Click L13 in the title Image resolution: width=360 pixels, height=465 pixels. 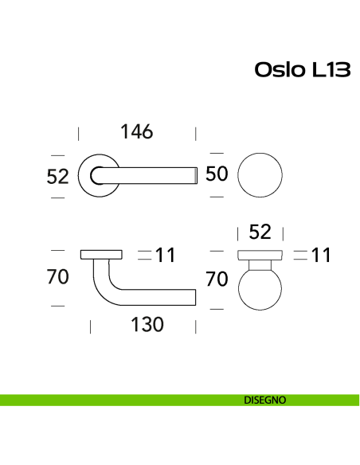pos(327,70)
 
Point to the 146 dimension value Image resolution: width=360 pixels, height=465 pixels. pos(136,131)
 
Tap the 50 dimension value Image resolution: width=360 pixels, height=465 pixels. pos(217,174)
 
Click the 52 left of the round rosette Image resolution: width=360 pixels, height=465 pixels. pos(58,176)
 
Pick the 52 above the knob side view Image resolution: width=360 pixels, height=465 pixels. pos(260,232)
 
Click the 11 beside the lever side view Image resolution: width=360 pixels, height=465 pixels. pos(165,256)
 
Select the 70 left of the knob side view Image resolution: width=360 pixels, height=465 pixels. pos(217,279)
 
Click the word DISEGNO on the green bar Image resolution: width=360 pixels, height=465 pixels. pos(265,400)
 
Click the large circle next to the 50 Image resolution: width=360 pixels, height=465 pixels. pos(260,174)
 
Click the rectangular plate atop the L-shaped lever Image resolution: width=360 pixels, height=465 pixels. pos(102,255)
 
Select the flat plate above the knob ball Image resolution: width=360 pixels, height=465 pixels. pos(260,255)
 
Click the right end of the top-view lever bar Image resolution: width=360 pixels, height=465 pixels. pos(193,175)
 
